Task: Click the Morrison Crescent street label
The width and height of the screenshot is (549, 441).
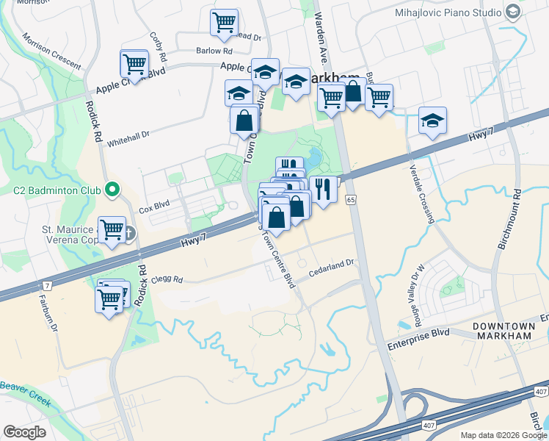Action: [x=51, y=51]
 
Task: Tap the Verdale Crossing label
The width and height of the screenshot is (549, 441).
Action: [x=422, y=193]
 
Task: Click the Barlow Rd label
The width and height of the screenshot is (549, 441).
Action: [x=214, y=51]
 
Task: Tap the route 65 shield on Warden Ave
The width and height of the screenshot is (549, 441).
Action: [x=351, y=200]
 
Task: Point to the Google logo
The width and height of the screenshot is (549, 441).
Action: [x=25, y=432]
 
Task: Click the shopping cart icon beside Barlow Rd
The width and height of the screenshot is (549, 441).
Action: [x=224, y=22]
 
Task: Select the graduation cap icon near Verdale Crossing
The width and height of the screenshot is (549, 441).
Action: [x=432, y=121]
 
